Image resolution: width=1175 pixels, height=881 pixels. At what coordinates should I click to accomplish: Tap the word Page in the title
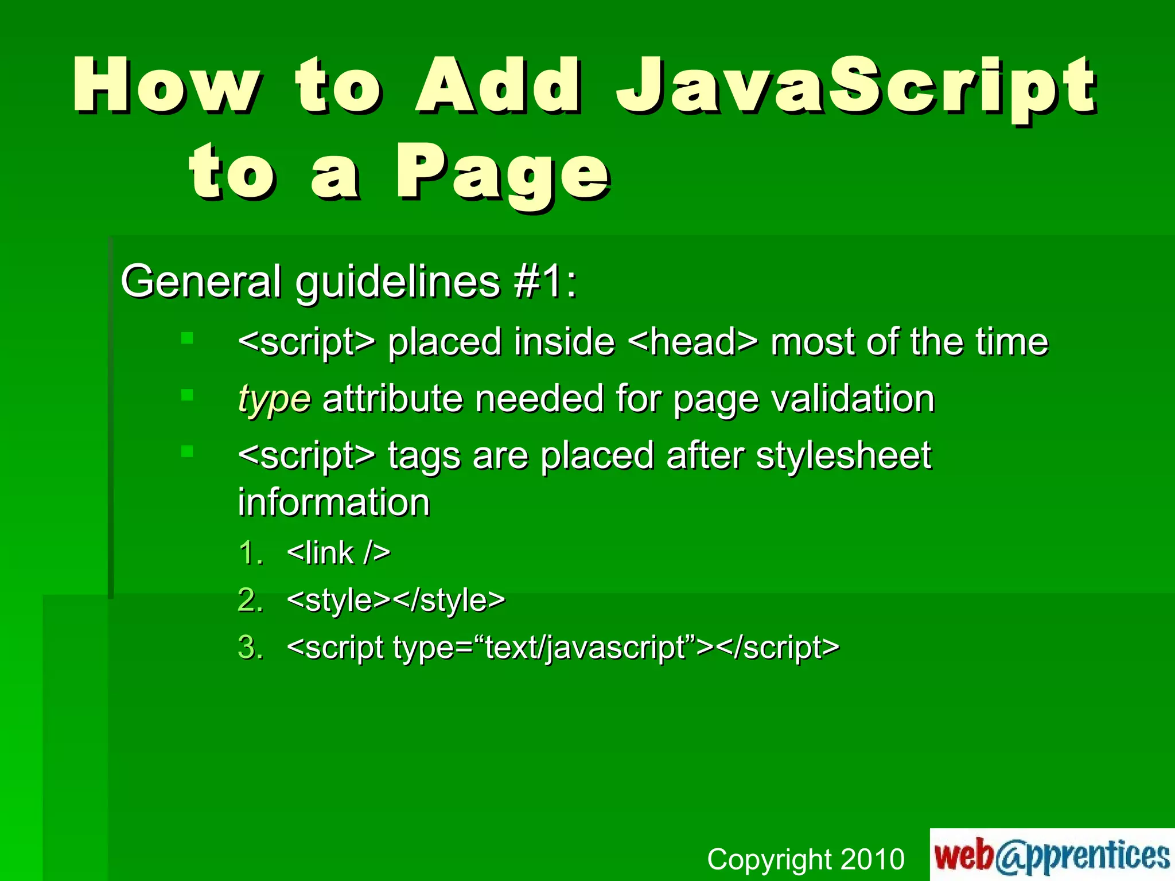point(503,172)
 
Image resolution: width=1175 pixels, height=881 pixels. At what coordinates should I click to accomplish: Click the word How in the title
point(166,86)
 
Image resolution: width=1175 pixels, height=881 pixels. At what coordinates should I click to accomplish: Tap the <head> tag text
point(692,342)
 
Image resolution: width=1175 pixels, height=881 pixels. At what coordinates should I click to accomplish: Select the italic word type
point(274,399)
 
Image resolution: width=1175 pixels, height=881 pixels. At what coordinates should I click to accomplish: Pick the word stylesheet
point(843,456)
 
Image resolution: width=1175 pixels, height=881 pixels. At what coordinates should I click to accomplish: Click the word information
point(334,502)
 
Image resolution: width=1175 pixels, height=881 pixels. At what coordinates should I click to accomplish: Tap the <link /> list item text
point(339,553)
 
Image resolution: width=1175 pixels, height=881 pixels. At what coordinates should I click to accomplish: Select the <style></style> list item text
point(396,601)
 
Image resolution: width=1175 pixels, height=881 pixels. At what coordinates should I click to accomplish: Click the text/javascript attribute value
point(585,648)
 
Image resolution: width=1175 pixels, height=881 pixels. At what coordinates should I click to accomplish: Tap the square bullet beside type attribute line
point(187,395)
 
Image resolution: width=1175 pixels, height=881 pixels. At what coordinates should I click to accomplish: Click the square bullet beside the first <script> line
point(187,338)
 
